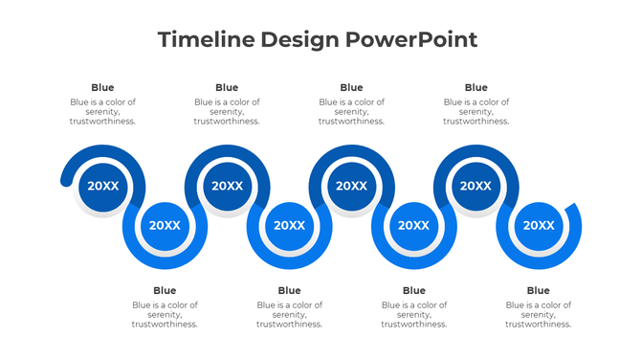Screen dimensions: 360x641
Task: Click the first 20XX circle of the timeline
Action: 103,186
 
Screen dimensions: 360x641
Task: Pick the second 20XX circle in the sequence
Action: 166,226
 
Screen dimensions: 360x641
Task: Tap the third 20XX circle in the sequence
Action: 228,186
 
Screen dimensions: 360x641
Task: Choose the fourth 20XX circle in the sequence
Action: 290,226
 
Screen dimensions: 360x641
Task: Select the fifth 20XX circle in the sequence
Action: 352,186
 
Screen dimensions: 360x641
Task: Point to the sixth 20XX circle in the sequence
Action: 414,226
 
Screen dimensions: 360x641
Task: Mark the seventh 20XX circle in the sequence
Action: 476,186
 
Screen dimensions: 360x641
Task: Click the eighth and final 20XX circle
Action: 539,226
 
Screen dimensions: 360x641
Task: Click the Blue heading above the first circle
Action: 102,88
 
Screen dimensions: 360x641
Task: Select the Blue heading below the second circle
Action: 165,291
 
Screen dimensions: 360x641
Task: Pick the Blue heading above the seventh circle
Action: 475,88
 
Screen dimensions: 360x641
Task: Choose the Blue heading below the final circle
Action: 539,291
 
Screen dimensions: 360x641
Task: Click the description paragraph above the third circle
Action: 227,112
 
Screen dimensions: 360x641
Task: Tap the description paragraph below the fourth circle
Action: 289,315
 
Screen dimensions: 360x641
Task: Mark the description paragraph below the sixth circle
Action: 414,315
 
